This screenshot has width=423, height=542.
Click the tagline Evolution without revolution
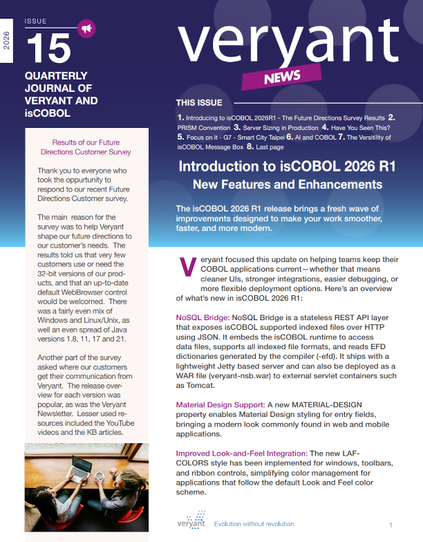254,524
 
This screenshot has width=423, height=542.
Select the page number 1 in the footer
391,525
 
